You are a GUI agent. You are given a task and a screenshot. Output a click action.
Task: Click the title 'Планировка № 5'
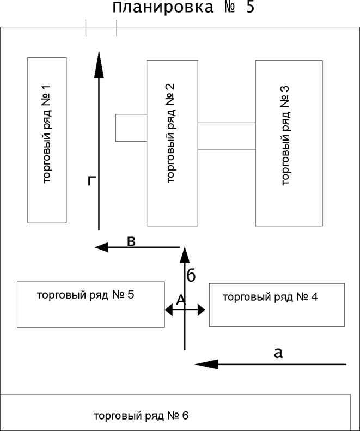pos(184,8)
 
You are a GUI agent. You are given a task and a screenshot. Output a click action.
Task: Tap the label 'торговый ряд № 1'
pos(46,140)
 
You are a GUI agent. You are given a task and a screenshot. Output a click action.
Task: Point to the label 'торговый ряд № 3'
pos(285,142)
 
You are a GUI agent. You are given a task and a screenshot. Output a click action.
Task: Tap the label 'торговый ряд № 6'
pos(141,416)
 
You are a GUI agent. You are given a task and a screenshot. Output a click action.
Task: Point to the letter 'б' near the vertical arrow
pos(191,275)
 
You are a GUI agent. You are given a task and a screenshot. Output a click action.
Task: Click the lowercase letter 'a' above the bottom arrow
pos(278,353)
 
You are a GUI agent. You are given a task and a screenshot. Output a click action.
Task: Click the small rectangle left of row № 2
pos(131,128)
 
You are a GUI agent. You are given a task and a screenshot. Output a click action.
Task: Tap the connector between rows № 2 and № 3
pos(226,136)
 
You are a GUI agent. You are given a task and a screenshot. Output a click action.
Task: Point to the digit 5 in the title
pos(249,8)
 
